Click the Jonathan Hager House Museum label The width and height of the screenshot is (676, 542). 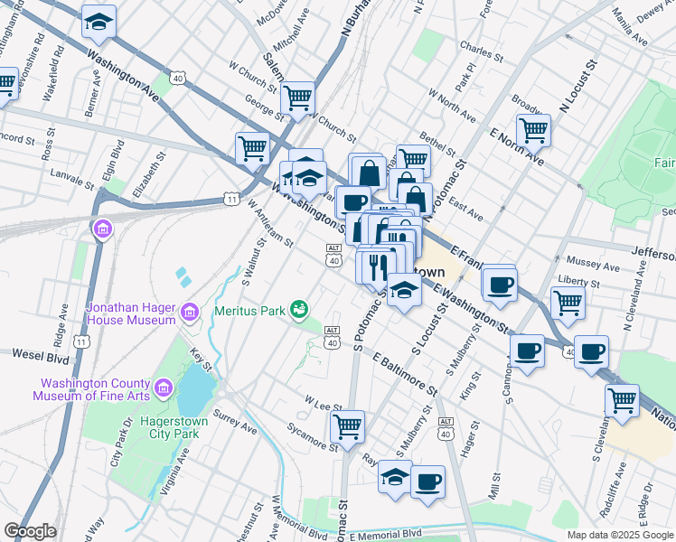coord(130,313)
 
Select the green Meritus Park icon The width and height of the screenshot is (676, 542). coord(298,311)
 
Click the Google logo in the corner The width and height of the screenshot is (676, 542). coord(30,531)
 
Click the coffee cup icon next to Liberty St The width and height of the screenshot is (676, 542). coord(497,285)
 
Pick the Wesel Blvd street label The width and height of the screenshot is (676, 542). coord(29,355)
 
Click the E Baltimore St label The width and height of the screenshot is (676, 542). coord(402,374)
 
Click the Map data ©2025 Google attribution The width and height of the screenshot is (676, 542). coord(619,535)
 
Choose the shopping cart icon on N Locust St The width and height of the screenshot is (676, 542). coord(533,129)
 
